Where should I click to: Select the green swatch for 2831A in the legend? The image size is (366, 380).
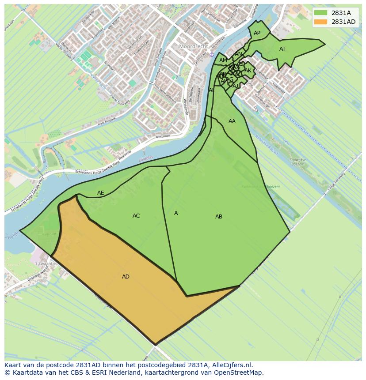coord(321,12)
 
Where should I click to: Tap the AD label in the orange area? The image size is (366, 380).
coord(126,277)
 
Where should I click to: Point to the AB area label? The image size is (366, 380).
coord(219,217)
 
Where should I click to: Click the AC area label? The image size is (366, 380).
coord(136,216)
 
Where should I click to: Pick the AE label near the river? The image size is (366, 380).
coord(101,193)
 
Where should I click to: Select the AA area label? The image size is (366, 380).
coord(232,121)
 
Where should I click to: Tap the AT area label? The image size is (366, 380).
coord(282,49)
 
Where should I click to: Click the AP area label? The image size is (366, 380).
coord(257,33)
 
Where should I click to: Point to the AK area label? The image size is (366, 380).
coord(248,71)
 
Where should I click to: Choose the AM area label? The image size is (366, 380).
coord(223,60)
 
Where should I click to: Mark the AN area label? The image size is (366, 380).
coord(238,54)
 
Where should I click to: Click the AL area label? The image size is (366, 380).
coord(212,90)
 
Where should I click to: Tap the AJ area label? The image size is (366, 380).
coord(236,86)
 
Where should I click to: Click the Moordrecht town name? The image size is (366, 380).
coord(193,46)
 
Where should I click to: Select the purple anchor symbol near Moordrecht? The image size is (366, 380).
coord(212,54)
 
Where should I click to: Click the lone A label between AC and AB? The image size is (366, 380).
coord(176,213)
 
